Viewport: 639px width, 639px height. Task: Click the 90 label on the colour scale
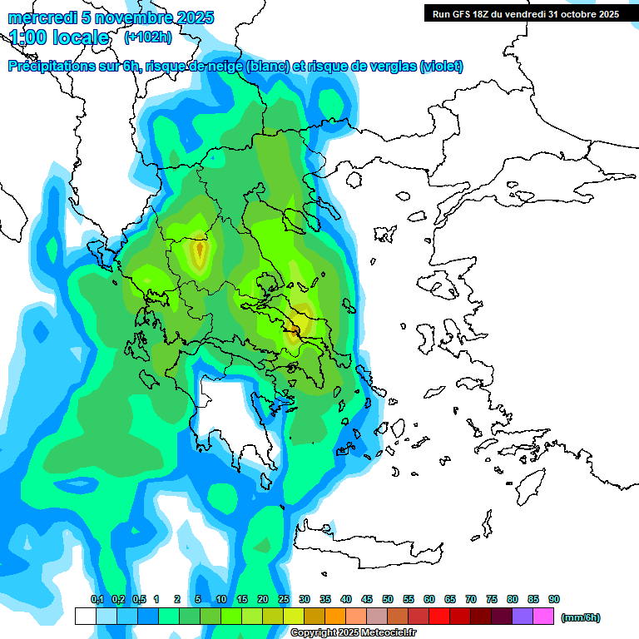pyautogui.click(x=554, y=599)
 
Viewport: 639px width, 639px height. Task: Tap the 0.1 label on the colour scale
pyautogui.click(x=97, y=599)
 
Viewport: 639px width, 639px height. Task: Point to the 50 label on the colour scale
pyautogui.click(x=388, y=599)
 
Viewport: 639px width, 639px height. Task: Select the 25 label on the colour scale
pyautogui.click(x=284, y=599)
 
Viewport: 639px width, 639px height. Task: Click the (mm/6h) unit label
pyautogui.click(x=581, y=617)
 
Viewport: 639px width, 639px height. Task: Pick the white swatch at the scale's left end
pyautogui.click(x=85, y=617)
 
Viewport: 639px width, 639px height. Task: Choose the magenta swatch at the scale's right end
pyautogui.click(x=543, y=617)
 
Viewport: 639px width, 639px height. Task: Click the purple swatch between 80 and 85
pyautogui.click(x=523, y=617)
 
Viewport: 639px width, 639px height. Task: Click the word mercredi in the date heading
pyautogui.click(x=38, y=17)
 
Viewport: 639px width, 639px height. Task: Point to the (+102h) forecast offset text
pyautogui.click(x=147, y=37)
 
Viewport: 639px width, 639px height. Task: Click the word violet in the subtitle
pyautogui.click(x=440, y=67)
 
